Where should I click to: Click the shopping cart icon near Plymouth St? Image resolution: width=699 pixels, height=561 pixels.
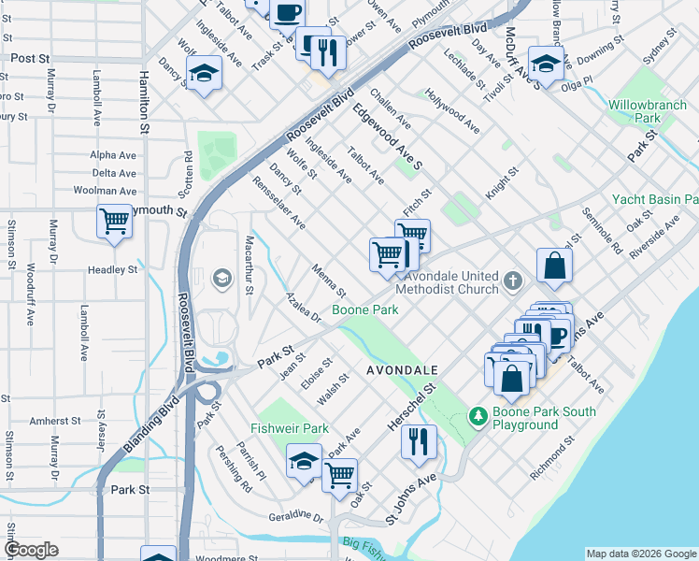(x=114, y=223)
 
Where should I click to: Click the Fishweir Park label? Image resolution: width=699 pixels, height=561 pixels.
(x=290, y=427)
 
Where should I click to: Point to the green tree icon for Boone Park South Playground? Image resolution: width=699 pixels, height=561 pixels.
(x=478, y=413)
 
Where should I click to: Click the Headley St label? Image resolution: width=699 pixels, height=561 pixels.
(x=113, y=269)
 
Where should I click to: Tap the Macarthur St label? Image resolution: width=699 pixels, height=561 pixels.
(x=250, y=270)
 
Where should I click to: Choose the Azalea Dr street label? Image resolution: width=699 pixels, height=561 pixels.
(x=304, y=307)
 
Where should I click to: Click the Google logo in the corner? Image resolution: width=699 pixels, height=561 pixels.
(x=31, y=550)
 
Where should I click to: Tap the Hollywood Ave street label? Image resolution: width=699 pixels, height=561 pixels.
(x=452, y=111)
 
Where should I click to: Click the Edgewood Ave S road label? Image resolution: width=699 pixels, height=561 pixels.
(x=388, y=137)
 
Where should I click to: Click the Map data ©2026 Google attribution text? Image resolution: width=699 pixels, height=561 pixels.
(x=641, y=554)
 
